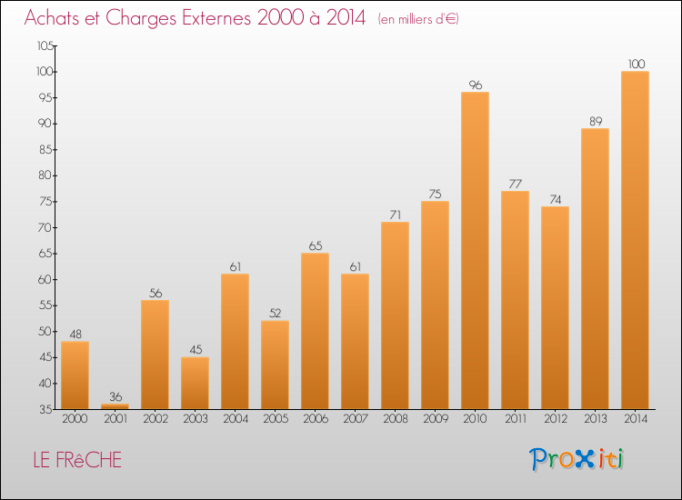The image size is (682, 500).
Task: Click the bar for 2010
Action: click(475, 250)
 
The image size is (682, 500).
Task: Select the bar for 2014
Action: click(635, 240)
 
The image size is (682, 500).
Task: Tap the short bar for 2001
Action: click(115, 406)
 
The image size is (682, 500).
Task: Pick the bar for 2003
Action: click(195, 383)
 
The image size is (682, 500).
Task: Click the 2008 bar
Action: click(395, 315)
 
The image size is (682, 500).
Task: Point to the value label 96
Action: click(475, 85)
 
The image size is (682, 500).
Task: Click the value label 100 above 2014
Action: click(637, 64)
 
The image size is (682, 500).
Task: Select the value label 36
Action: click(115, 396)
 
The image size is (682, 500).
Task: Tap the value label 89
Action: click(595, 121)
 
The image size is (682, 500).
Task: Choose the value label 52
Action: click(275, 314)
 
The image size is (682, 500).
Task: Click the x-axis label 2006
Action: click(315, 418)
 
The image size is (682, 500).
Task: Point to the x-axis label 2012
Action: click(555, 418)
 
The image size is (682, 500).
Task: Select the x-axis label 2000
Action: click(75, 418)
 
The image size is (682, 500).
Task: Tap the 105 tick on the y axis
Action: click(44, 45)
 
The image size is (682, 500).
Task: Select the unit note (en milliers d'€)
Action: click(418, 19)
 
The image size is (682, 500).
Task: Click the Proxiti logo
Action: click(577, 459)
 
